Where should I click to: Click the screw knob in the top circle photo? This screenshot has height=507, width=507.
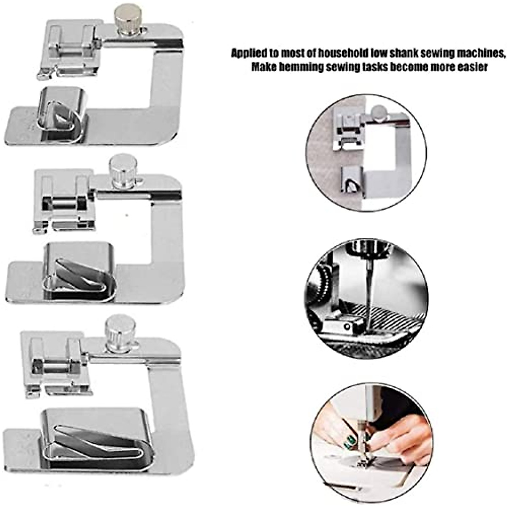(x=379, y=113)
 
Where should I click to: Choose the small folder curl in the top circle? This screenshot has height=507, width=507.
(x=351, y=180)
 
